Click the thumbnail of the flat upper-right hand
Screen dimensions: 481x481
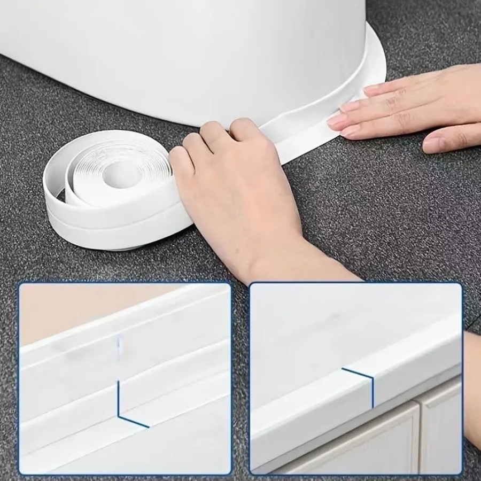431,144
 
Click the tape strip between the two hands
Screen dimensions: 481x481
299,131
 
